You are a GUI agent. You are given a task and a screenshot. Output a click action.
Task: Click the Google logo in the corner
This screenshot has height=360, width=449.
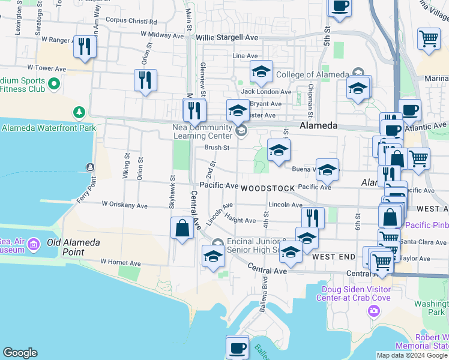pyautogui.click(x=20, y=353)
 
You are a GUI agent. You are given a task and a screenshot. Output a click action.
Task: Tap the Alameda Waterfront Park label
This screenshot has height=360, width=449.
pyautogui.click(x=41, y=128)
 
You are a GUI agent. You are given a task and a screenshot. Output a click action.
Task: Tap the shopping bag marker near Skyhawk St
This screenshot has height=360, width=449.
pyautogui.click(x=182, y=229)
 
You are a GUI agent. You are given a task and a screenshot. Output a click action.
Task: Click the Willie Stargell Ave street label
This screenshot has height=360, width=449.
pyautogui.click(x=228, y=37)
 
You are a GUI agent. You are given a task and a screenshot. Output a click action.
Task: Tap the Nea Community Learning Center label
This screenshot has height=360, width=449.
pyautogui.click(x=202, y=133)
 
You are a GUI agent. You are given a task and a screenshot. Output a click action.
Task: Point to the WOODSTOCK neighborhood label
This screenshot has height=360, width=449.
pyautogui.click(x=268, y=188)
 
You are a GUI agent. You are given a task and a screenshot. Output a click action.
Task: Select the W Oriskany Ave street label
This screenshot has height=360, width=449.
pyautogui.click(x=124, y=205)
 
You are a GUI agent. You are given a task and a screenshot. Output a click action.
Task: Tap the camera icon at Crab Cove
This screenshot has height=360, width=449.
pyautogui.click(x=374, y=310)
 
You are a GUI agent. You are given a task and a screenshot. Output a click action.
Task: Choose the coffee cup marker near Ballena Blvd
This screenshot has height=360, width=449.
pyautogui.click(x=237, y=347)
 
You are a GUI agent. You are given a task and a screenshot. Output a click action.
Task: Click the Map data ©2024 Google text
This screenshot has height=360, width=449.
pyautogui.click(x=412, y=355)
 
